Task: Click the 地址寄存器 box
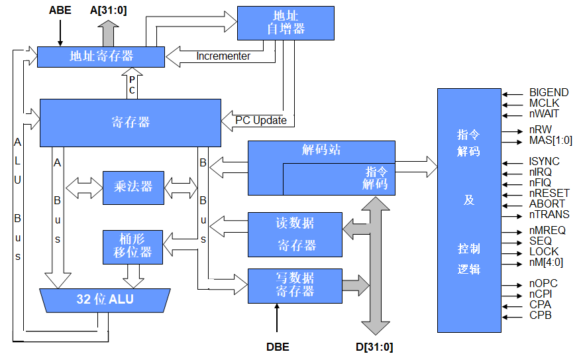coord(101,57)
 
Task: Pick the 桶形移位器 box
coord(133,245)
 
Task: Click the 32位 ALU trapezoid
coord(105,300)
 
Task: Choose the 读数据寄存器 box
coord(295,234)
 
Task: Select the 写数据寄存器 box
coord(295,284)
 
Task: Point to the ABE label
coord(60,11)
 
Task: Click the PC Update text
coord(261,120)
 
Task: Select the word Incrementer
coord(223,56)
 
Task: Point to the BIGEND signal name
coord(549,92)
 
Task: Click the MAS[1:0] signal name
coord(551,140)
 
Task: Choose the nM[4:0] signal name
coord(546,262)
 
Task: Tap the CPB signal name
coord(540,315)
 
